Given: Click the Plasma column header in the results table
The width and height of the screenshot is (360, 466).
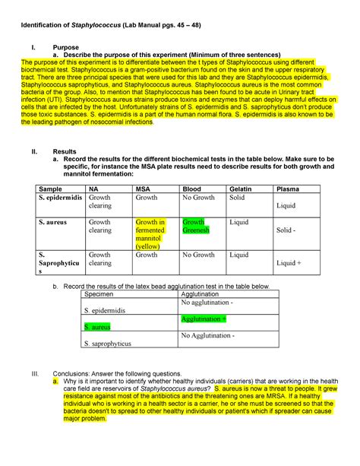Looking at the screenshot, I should (x=292, y=189).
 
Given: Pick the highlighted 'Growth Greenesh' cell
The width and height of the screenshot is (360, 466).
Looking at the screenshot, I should (x=196, y=226).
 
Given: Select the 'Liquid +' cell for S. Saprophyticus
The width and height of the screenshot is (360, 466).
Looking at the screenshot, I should (x=289, y=263).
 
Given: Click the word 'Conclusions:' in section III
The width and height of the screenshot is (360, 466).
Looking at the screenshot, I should (x=72, y=374).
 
